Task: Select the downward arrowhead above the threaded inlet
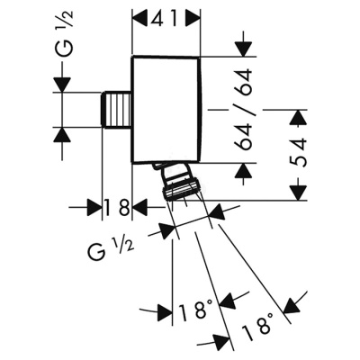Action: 62,85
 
